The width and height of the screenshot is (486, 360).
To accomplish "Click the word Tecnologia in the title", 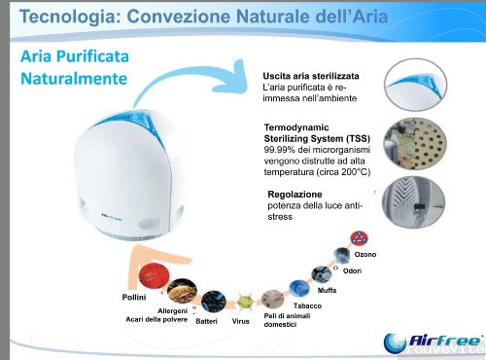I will tap(60, 17).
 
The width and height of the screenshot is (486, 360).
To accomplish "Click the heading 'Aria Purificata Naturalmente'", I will tap(74, 66).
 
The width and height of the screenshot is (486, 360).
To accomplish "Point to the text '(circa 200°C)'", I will tap(342, 171).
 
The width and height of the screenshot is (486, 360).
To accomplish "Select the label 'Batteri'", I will tap(206, 320).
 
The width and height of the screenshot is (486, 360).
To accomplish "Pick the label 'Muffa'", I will tap(328, 291).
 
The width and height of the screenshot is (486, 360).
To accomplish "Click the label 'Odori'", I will tap(352, 269).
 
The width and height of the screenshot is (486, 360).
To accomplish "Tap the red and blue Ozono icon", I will tap(359, 237).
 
